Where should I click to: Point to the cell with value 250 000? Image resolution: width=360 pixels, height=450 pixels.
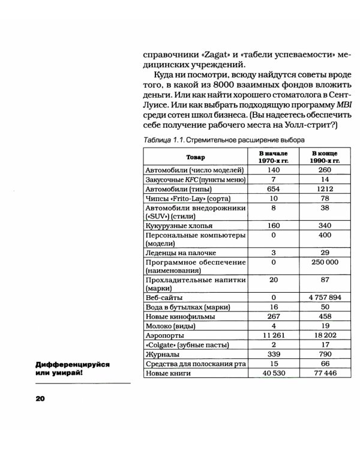click(x=325, y=262)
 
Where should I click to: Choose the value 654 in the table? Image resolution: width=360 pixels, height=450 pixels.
click(x=273, y=188)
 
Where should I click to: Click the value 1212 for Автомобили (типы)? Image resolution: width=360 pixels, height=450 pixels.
click(x=325, y=188)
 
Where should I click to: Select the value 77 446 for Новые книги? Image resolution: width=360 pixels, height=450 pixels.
click(x=325, y=373)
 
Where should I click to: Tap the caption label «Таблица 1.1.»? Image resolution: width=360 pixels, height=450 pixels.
click(x=163, y=140)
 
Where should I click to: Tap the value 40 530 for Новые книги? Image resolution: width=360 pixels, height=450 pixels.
click(x=273, y=373)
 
